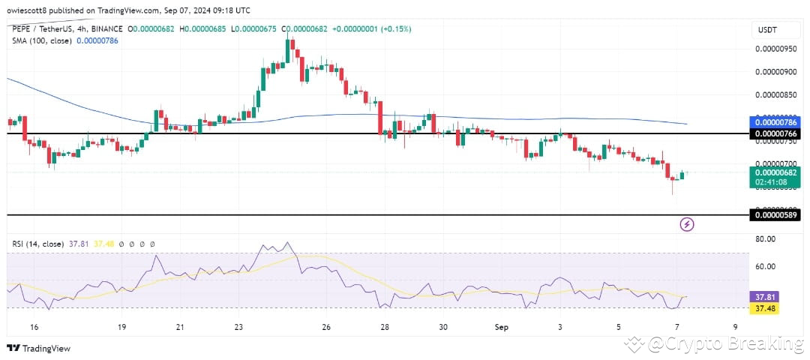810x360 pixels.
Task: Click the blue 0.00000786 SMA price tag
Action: click(x=776, y=121)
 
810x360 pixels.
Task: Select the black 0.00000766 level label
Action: click(x=776, y=133)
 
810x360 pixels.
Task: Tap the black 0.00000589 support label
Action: click(x=776, y=216)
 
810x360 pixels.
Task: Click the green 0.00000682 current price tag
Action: click(x=776, y=172)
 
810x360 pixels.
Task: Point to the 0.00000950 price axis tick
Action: click(x=776, y=48)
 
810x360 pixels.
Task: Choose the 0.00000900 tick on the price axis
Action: click(x=776, y=72)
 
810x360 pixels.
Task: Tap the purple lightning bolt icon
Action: click(x=687, y=223)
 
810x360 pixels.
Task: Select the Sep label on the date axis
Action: click(x=502, y=327)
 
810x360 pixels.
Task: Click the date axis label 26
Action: click(x=326, y=327)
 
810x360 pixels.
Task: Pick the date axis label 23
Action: click(x=238, y=327)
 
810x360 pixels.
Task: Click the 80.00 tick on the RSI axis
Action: click(x=765, y=239)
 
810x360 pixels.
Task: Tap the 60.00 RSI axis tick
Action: click(x=765, y=266)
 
